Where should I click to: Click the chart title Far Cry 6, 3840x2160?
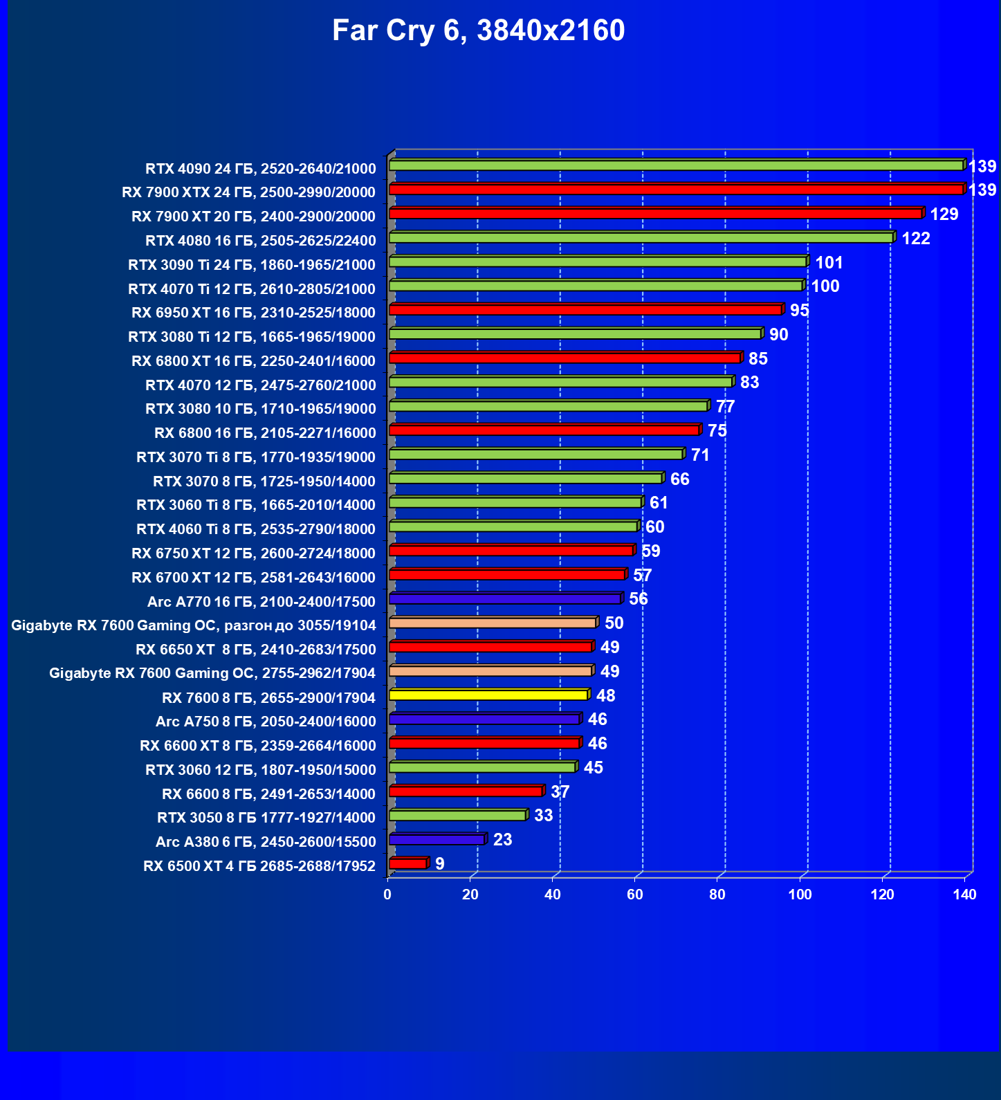pos(478,30)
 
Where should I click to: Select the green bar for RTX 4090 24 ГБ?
pos(676,165)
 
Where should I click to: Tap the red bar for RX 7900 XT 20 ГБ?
pos(655,214)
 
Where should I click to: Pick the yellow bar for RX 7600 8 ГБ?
pos(488,695)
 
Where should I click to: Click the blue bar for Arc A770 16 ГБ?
pos(505,599)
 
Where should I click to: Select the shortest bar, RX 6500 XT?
pos(408,863)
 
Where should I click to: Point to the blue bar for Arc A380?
pos(437,840)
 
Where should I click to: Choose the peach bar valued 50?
pos(493,623)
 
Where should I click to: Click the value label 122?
pos(916,239)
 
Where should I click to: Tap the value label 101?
pos(829,263)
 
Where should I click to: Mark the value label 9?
pos(440,863)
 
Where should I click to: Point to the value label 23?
pos(502,840)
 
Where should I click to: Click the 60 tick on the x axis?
pos(635,895)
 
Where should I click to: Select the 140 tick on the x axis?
pos(964,895)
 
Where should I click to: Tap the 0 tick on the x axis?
pos(387,895)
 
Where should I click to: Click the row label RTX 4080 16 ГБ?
pos(261,241)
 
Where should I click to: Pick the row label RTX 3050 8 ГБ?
pos(266,818)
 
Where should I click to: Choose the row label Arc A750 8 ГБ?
pos(266,722)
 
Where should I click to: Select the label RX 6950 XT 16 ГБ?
pos(253,313)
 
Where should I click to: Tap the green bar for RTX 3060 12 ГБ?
pos(482,767)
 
